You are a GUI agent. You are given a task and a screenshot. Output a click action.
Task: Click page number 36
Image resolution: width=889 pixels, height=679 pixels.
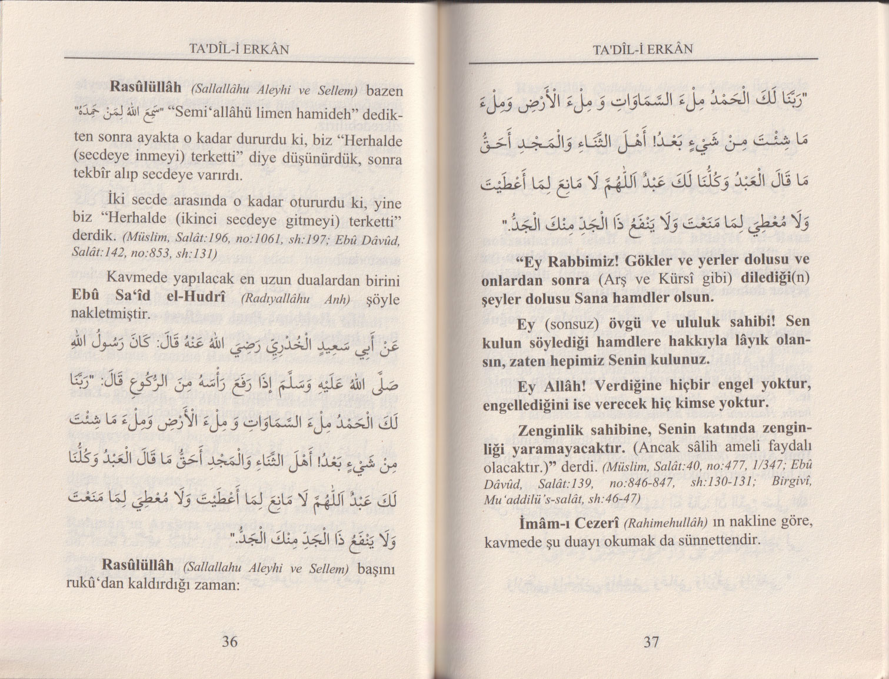tap(230, 641)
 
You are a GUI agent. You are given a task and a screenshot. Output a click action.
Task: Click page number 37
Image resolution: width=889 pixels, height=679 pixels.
tap(651, 641)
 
